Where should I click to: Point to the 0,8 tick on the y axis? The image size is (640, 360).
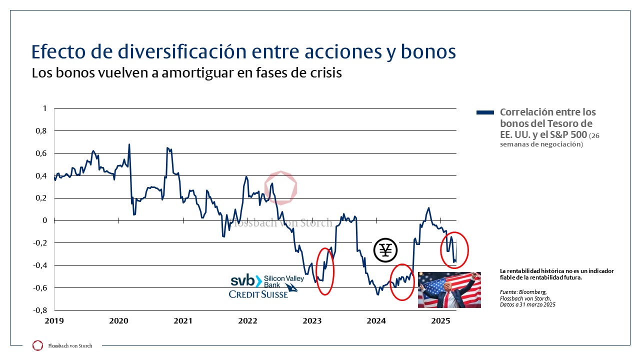(43, 131)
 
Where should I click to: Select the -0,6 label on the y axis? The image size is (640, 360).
(42, 287)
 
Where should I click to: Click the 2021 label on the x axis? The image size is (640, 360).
(183, 320)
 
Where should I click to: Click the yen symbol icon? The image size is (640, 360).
(385, 249)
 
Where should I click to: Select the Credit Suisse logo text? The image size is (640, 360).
(259, 294)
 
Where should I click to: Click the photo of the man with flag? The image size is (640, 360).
(449, 290)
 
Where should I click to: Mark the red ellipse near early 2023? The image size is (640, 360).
(325, 271)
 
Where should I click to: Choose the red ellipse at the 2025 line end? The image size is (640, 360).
(454, 250)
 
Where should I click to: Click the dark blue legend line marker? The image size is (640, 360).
(485, 112)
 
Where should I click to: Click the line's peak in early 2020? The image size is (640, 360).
(129, 144)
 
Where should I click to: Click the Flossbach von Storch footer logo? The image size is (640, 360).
(37, 345)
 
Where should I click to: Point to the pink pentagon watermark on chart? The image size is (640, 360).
(280, 188)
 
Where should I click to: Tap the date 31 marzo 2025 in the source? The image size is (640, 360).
(538, 304)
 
